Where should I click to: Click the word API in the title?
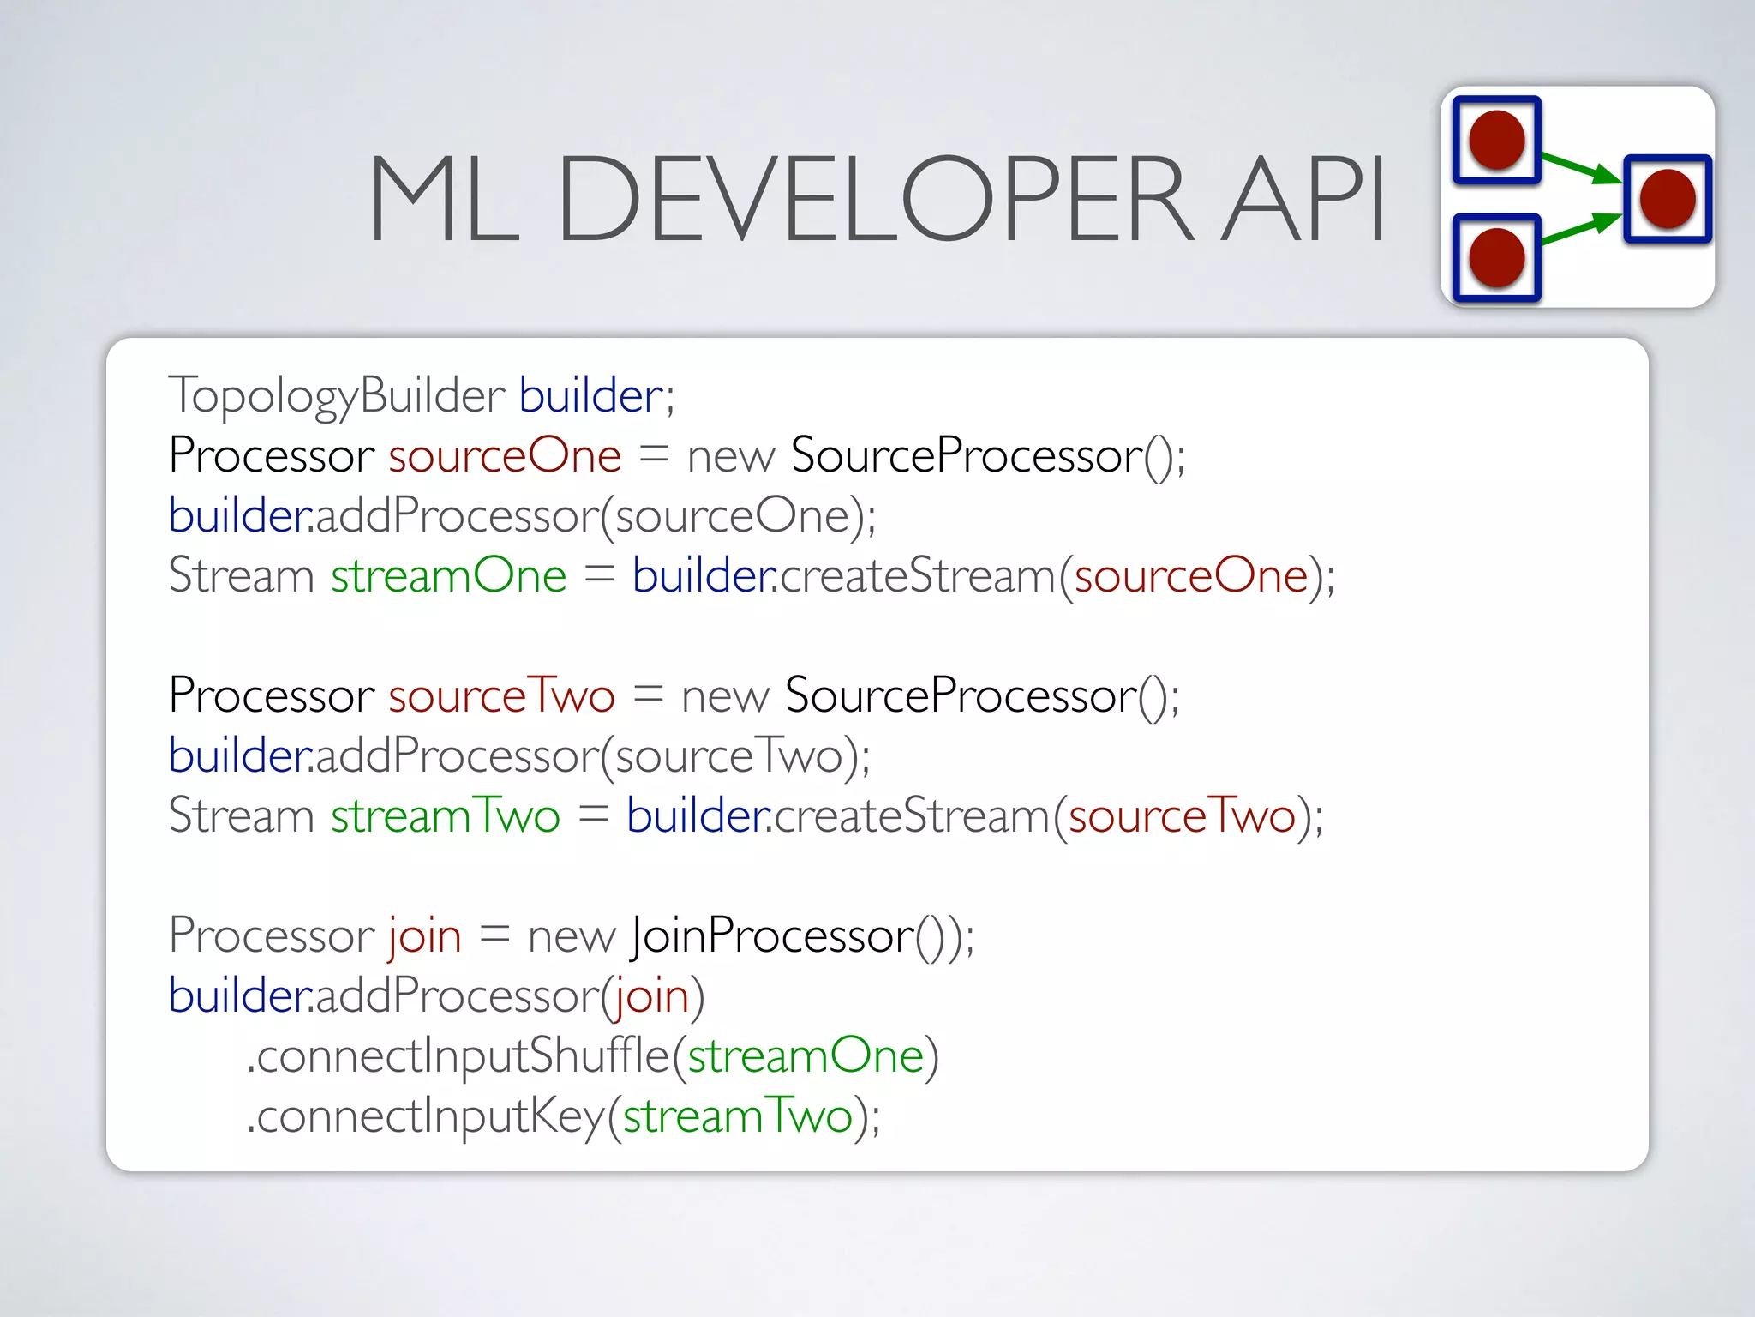1303,199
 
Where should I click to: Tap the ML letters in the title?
444,199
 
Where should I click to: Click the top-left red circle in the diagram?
1496,140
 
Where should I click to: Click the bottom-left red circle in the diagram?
1496,257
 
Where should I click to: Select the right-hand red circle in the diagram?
1667,199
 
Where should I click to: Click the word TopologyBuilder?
336,396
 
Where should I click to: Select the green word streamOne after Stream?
448,576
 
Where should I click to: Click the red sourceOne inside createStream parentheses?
1191,576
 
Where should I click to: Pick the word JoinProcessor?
771,936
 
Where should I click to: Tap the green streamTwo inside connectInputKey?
737,1116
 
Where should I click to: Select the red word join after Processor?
425,936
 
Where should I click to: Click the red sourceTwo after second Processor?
501,696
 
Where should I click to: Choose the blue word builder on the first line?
591,396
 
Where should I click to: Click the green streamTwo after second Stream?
446,816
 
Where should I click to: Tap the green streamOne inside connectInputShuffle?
806,1056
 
